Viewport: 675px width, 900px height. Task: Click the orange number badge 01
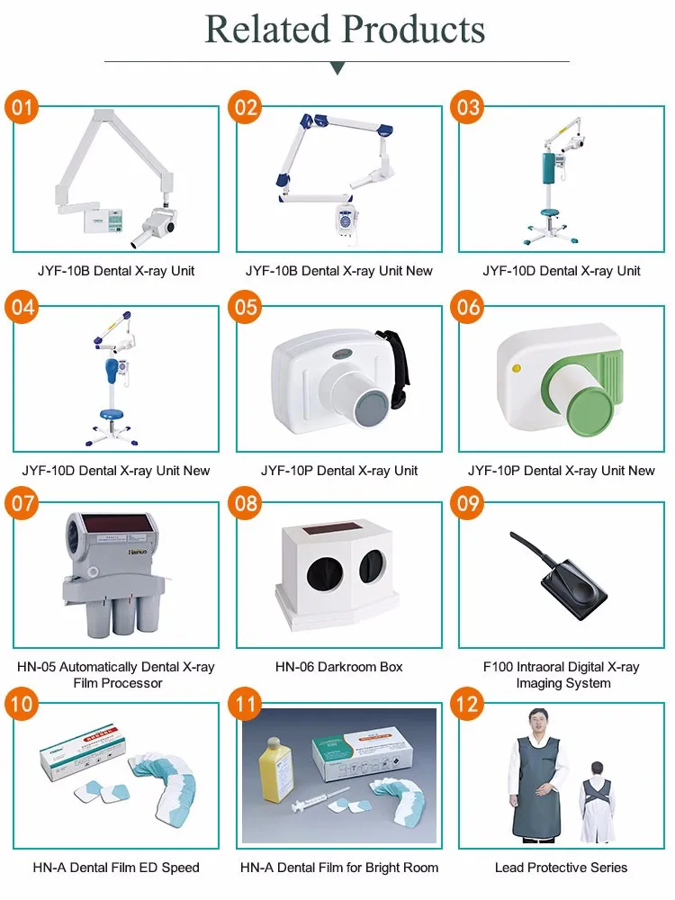click(22, 107)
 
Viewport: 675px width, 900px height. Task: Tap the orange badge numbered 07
click(22, 503)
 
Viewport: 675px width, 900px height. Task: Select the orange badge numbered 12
click(467, 704)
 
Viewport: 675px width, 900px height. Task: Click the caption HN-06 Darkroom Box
click(338, 667)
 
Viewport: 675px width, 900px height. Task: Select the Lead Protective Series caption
click(561, 868)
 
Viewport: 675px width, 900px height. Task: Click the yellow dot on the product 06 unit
click(516, 368)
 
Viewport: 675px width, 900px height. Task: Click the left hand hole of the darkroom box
click(325, 574)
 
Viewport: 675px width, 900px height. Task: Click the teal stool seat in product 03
click(552, 213)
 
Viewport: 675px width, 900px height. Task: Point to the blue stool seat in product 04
click(110, 414)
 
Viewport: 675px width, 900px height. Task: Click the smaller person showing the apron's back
click(597, 802)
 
